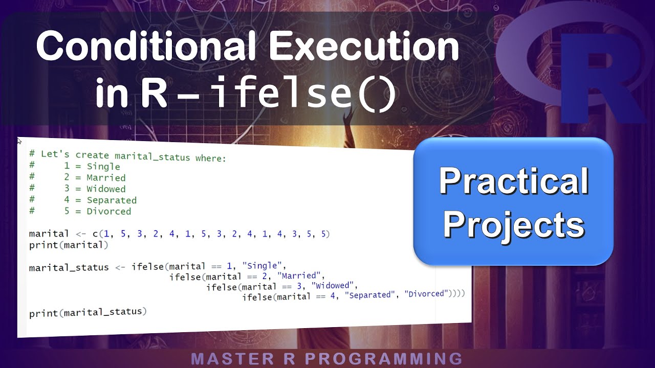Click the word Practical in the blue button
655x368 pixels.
click(x=514, y=181)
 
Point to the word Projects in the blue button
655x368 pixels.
click(x=514, y=224)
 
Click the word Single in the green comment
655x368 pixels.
click(x=103, y=167)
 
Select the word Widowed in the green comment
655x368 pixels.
click(x=106, y=189)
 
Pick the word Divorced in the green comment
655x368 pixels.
click(x=108, y=212)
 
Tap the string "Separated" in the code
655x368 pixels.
click(x=370, y=295)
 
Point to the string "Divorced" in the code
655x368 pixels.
click(x=426, y=294)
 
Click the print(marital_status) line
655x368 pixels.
click(x=88, y=312)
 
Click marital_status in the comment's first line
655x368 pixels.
click(x=152, y=156)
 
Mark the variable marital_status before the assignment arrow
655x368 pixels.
click(x=69, y=267)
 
